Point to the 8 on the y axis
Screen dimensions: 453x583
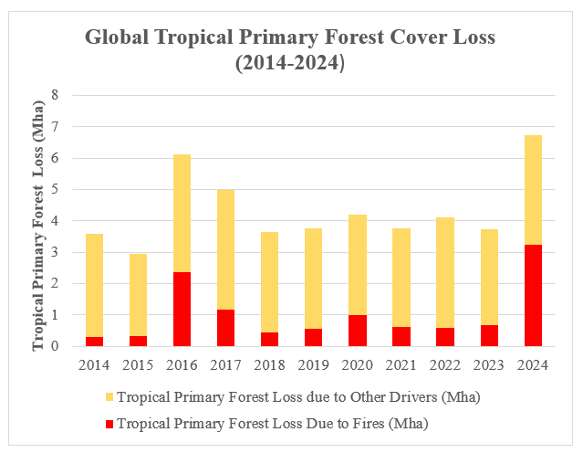click(55, 95)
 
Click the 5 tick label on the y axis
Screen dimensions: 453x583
click(55, 189)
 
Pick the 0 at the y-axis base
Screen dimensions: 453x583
click(55, 346)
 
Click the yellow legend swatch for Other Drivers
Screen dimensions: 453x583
click(108, 397)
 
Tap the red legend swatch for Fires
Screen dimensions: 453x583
click(108, 423)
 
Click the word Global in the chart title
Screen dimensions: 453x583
click(120, 38)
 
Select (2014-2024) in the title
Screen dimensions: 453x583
click(290, 66)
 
